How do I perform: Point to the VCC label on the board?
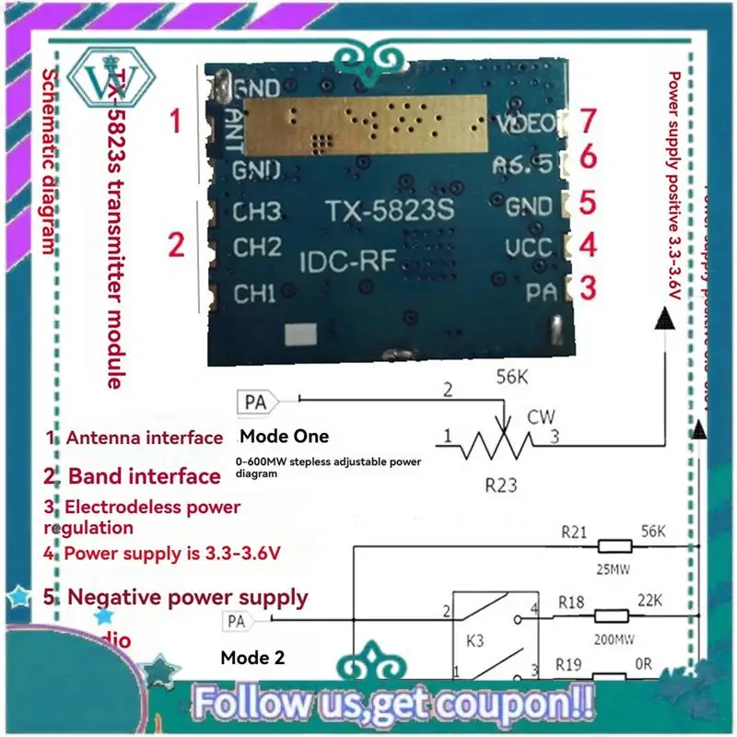point(529,247)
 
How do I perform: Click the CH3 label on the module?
point(256,211)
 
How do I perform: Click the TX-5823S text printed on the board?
point(390,211)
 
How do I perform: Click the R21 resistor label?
point(575,532)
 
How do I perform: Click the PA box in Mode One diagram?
point(256,403)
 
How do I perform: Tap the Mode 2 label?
point(252,659)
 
